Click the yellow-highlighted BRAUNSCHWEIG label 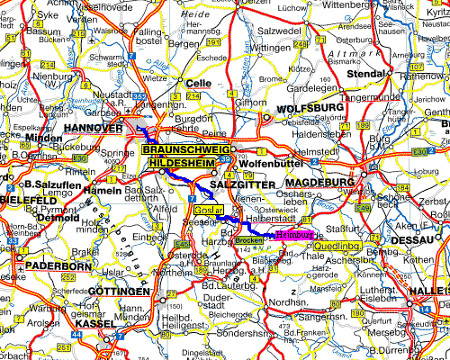tap(186, 149)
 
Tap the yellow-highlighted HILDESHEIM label tap(184, 163)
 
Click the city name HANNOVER tap(93, 130)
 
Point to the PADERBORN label tap(48, 266)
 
